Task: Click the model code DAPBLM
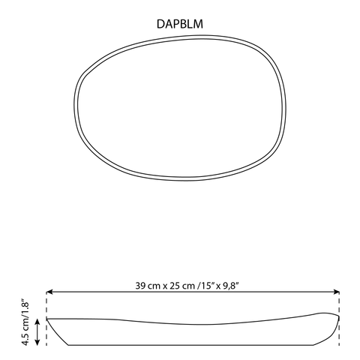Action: tap(180, 24)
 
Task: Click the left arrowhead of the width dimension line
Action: tap(49, 292)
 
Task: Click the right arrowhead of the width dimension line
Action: tap(337, 292)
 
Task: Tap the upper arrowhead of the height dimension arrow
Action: tap(37, 322)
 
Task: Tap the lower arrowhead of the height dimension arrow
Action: tap(37, 342)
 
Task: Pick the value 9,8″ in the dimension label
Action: tap(230, 286)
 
